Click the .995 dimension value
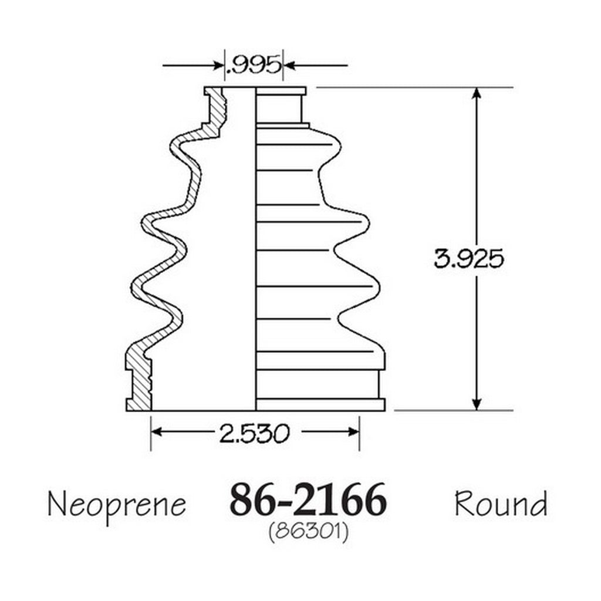tap(254, 65)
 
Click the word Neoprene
tap(117, 505)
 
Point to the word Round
tap(501, 504)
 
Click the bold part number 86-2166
tap(308, 500)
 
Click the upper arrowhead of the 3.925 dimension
tap(477, 94)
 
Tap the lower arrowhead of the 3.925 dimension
tap(477, 403)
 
